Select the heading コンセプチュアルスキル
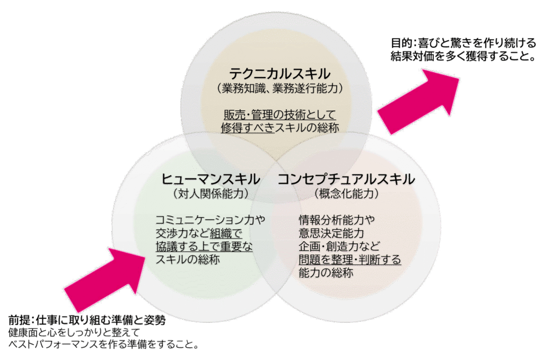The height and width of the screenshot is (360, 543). (346, 179)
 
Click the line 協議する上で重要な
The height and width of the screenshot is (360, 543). (204, 247)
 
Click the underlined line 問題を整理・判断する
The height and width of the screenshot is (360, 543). (349, 260)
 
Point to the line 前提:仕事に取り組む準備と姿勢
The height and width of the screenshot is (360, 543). (86, 321)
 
